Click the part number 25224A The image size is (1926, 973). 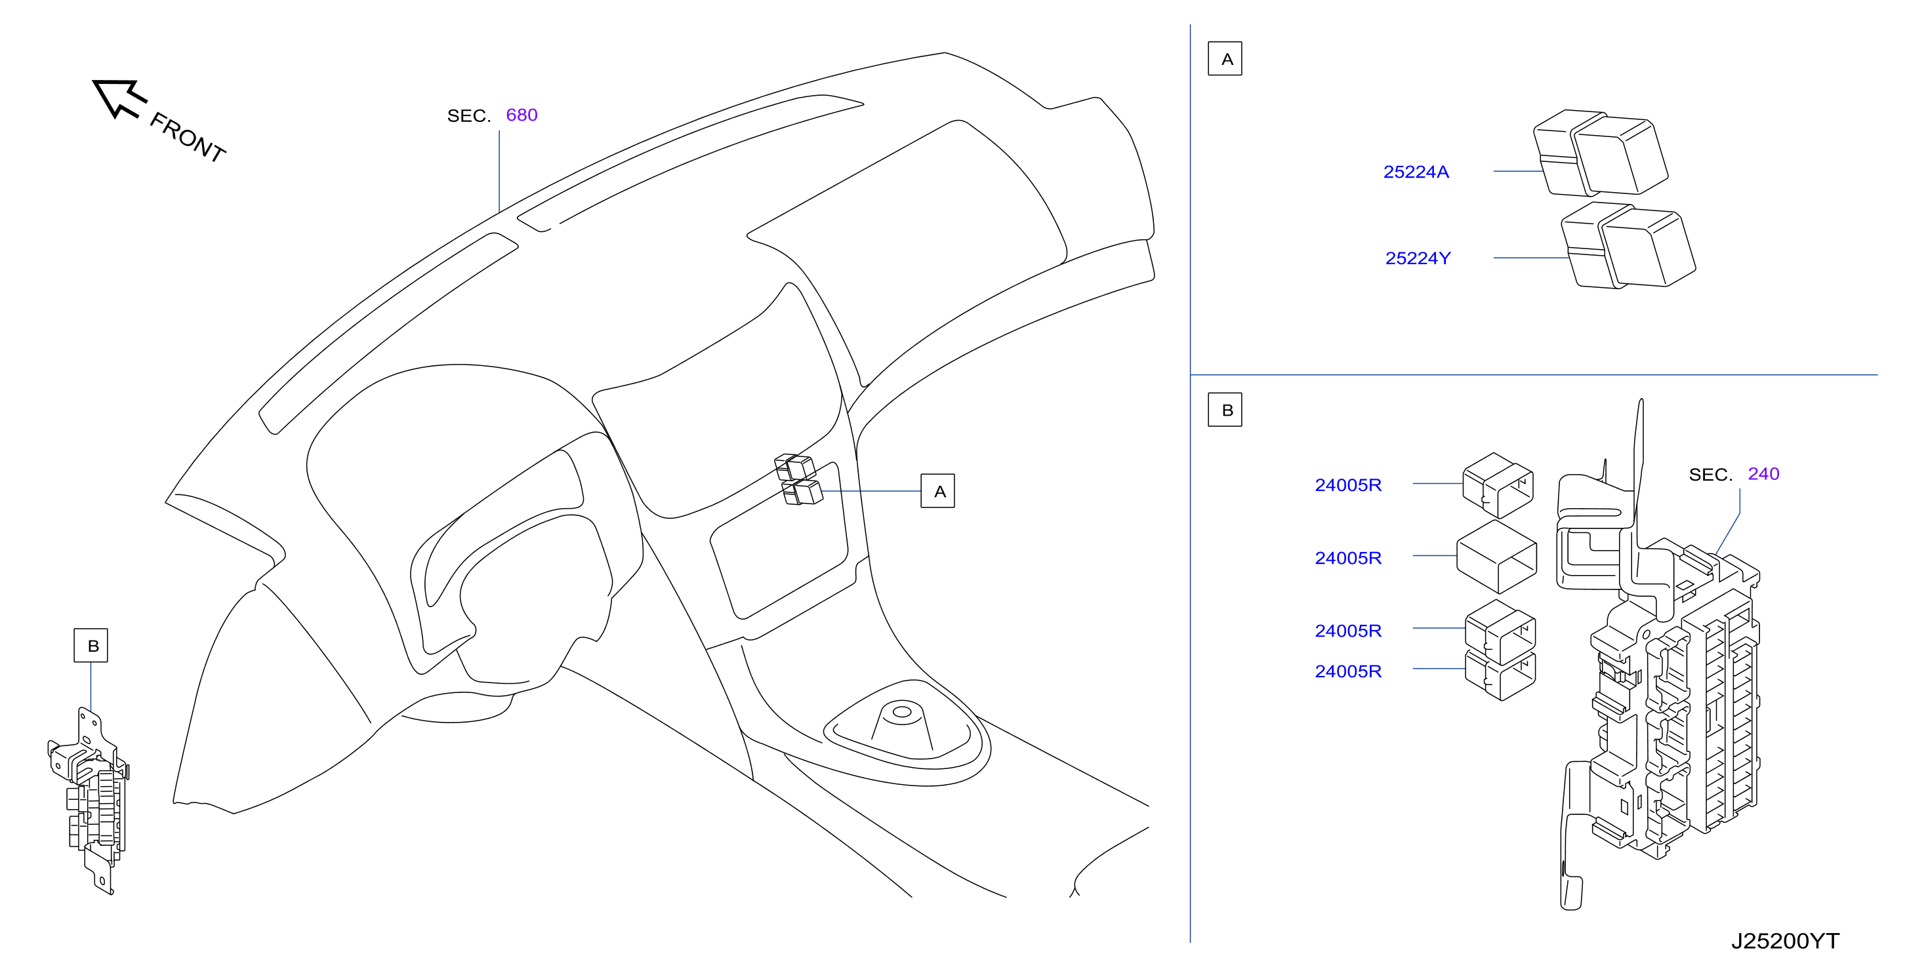tap(1416, 172)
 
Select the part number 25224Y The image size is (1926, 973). tap(1418, 258)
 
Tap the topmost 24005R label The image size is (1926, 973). tap(1348, 485)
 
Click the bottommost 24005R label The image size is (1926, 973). tap(1348, 671)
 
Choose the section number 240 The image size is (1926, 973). tap(1763, 474)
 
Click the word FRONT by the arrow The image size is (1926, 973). tap(188, 137)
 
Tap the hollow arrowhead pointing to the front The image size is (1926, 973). tap(118, 97)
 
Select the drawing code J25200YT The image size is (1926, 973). tap(1785, 941)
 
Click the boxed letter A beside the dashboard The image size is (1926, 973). tap(937, 491)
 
